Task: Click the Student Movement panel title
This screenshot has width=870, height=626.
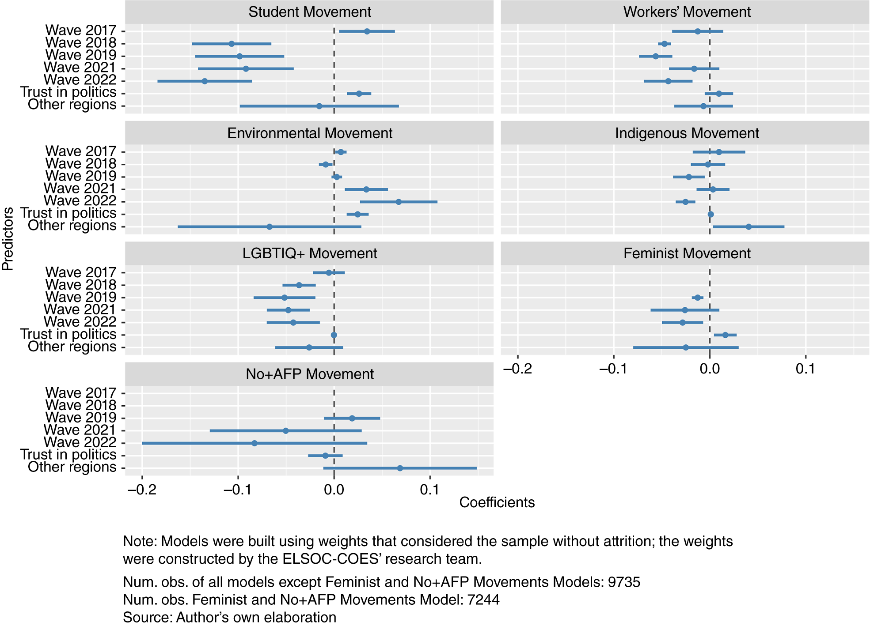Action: click(x=309, y=12)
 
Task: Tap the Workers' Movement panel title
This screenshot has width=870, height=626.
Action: click(x=687, y=12)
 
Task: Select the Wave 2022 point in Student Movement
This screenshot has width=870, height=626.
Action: click(x=205, y=81)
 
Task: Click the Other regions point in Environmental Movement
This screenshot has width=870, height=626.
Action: click(x=270, y=227)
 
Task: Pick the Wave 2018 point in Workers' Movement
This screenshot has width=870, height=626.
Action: click(x=664, y=44)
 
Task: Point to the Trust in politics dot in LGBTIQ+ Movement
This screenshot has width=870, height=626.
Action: click(x=334, y=335)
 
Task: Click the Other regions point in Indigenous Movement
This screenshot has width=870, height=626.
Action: click(x=748, y=227)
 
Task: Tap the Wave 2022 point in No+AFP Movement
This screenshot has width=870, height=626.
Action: click(x=255, y=443)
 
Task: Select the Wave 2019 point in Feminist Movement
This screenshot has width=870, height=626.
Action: click(x=698, y=298)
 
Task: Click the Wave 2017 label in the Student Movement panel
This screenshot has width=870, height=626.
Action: click(x=81, y=30)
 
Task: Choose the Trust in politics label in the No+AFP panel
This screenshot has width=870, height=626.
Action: click(x=68, y=455)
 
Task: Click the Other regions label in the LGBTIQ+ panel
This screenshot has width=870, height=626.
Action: click(x=72, y=347)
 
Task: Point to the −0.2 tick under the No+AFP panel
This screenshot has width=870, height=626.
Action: click(x=141, y=490)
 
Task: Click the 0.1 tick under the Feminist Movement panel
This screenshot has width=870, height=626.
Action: click(x=805, y=369)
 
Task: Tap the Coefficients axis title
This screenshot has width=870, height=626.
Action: click(x=497, y=502)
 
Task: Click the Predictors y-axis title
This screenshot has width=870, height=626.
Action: click(x=8, y=238)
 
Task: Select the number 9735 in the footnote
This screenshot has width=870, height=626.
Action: click(x=624, y=582)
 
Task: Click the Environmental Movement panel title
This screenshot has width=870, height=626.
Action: click(x=309, y=133)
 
